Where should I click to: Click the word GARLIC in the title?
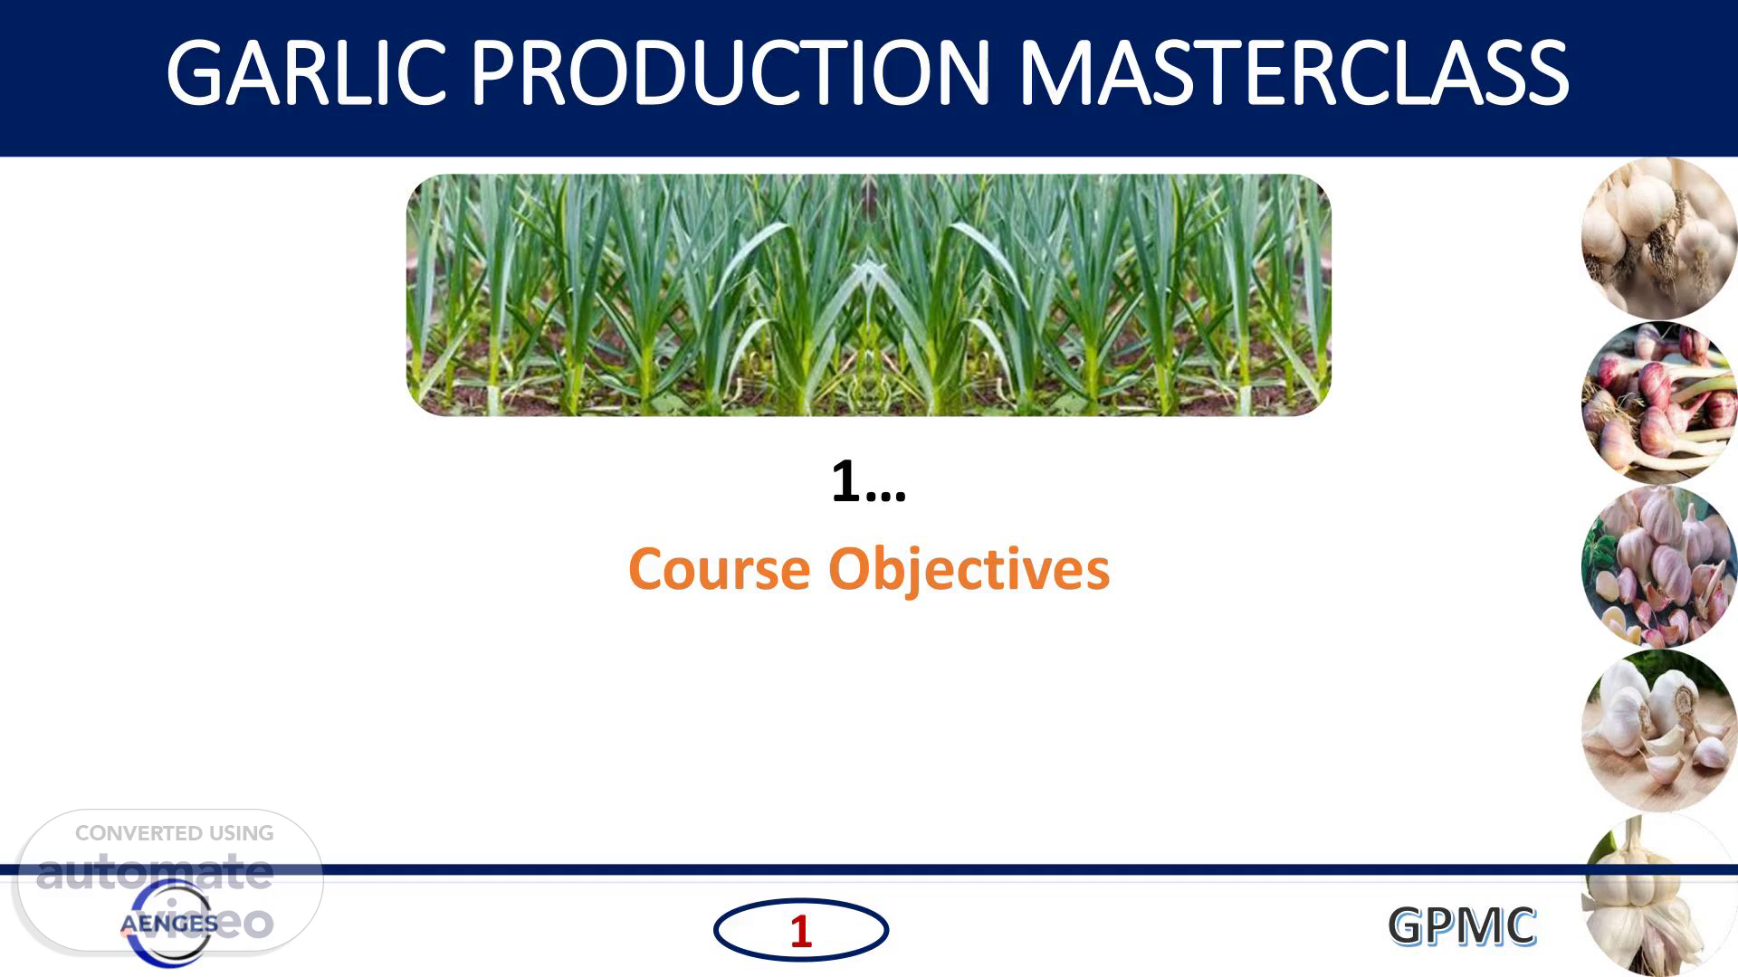[x=306, y=73]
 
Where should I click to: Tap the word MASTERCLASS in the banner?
[x=1294, y=73]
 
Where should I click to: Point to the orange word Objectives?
[x=969, y=571]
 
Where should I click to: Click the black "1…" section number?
[x=868, y=481]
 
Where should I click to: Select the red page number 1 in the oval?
[x=800, y=932]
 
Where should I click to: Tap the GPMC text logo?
[x=1462, y=926]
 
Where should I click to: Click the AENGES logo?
[x=168, y=924]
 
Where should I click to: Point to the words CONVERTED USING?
[x=174, y=833]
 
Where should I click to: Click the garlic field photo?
[x=868, y=295]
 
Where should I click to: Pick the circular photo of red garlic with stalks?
[x=1659, y=403]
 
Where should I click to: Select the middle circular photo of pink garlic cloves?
[x=1659, y=566]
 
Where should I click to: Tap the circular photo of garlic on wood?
[x=1659, y=730]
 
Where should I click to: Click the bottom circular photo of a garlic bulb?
[x=1659, y=895]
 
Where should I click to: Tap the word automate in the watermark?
[x=154, y=872]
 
